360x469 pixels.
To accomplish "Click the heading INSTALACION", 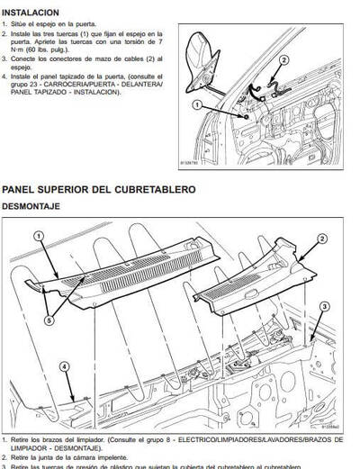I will point(32,12).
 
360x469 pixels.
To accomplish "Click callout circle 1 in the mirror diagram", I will point(197,106).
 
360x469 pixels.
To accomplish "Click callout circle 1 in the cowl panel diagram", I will point(38,236).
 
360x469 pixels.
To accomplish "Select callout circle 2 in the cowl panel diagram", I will point(322,239).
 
